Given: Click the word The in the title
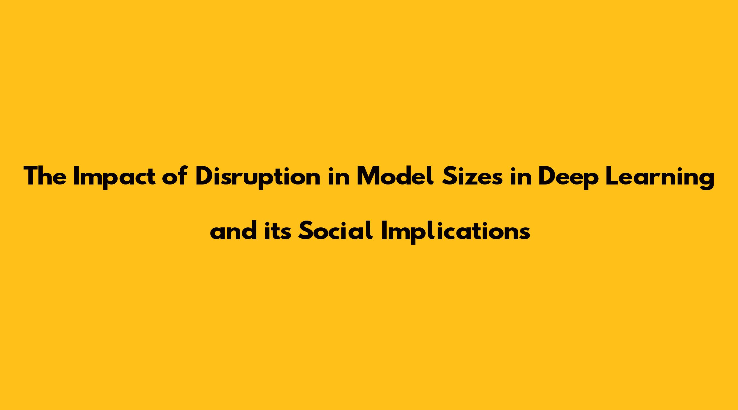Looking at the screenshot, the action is (x=45, y=176).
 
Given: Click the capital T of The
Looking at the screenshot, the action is (x=31, y=176).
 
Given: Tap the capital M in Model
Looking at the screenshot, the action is (x=368, y=176).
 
